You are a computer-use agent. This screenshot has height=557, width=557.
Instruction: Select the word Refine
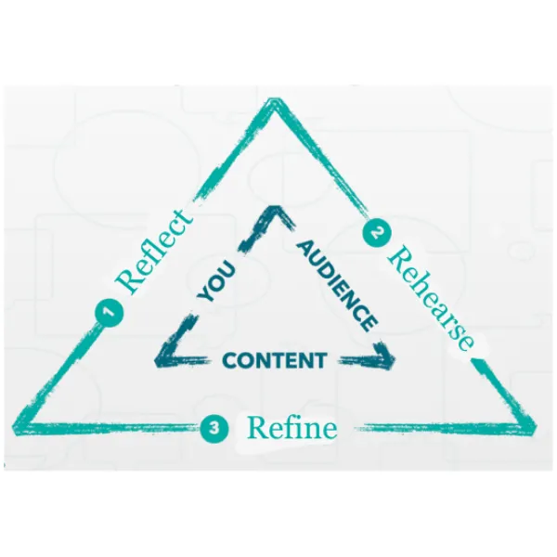point(291,428)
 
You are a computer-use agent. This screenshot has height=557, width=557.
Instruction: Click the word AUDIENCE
point(337,285)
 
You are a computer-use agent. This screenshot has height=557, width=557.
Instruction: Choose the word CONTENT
point(275,360)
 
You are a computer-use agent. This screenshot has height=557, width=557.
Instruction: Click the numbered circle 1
point(110,314)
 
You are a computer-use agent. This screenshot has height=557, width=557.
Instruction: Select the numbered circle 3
point(214,428)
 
